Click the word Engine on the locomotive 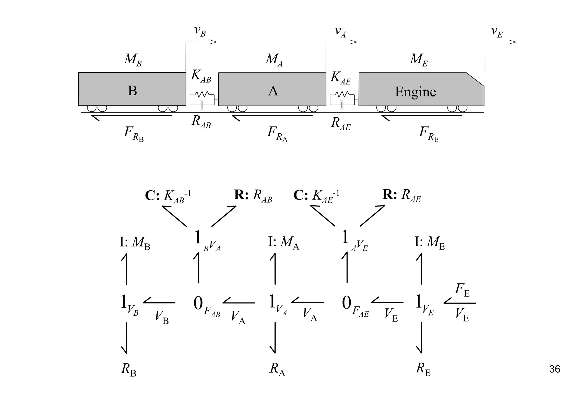click(x=415, y=92)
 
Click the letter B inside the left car click(x=132, y=91)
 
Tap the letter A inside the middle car click(x=273, y=91)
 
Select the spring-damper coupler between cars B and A click(x=202, y=100)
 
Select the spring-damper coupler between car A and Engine click(x=342, y=100)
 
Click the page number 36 click(x=554, y=369)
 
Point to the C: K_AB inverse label click(x=168, y=196)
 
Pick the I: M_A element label click(x=283, y=243)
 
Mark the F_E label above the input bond click(x=462, y=290)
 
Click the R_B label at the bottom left click(x=129, y=370)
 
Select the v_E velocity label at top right click(x=497, y=31)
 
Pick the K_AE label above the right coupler click(x=341, y=78)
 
